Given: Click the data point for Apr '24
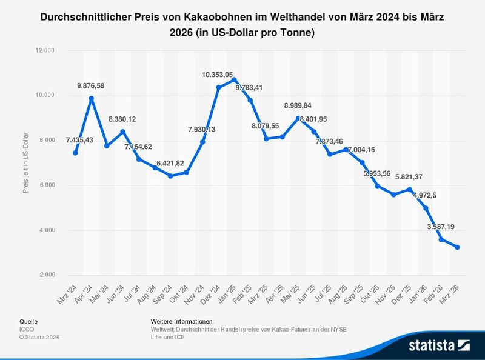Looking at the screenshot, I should coord(91,98).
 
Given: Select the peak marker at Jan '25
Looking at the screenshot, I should coord(234,79).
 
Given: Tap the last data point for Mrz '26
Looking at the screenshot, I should coord(457,247).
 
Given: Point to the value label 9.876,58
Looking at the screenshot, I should coord(90,86).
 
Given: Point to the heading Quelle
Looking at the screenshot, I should coord(28,321).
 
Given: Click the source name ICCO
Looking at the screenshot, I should coord(27,329).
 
